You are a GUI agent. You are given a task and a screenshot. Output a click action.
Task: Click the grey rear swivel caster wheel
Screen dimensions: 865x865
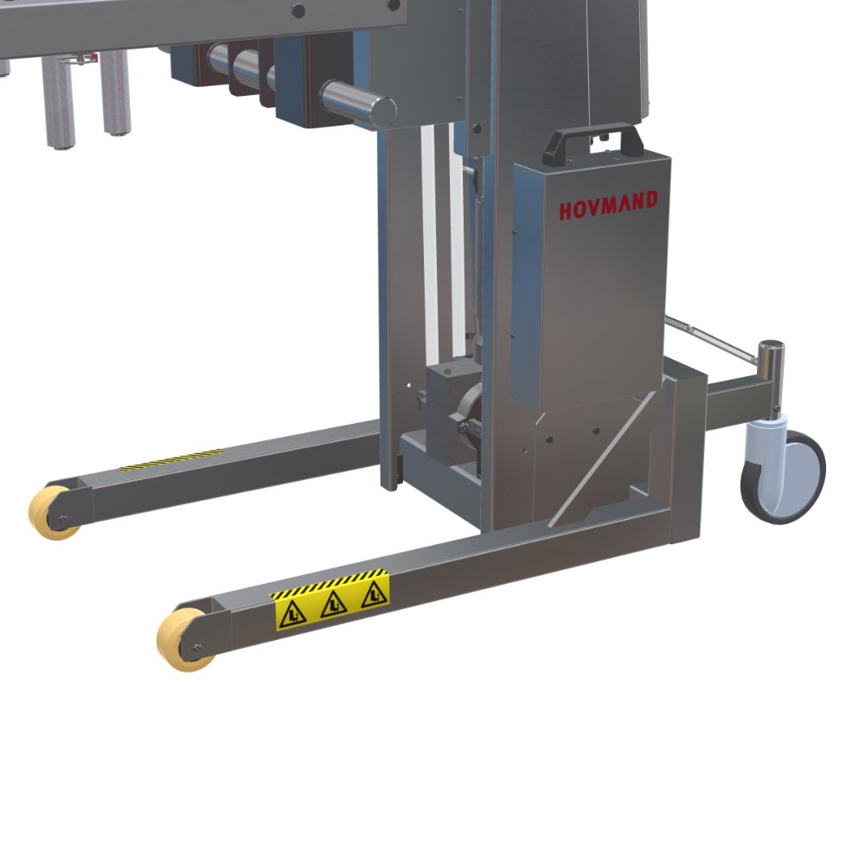click(783, 477)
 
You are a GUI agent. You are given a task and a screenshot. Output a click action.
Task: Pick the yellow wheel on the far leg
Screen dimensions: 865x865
click(53, 512)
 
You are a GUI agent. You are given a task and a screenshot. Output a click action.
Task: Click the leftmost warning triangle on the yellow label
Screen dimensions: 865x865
click(292, 616)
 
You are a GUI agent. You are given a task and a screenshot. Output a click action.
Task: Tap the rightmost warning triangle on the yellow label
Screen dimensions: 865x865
click(374, 595)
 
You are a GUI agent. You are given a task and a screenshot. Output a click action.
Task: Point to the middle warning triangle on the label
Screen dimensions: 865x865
click(334, 605)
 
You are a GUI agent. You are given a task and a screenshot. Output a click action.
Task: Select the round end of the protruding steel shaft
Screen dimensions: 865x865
click(382, 112)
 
